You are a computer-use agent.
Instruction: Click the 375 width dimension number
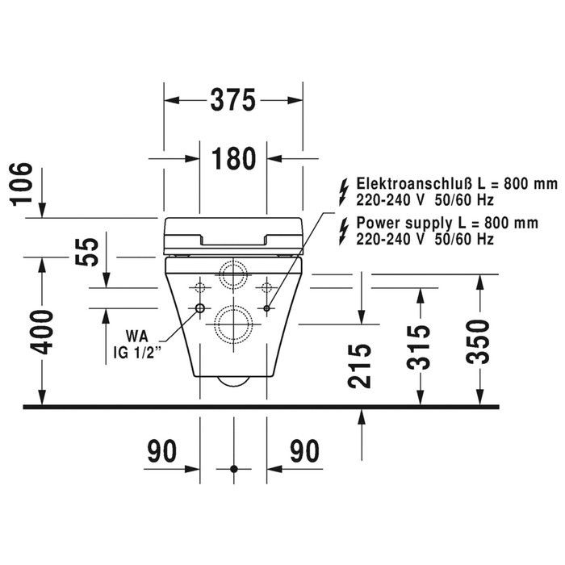(232, 100)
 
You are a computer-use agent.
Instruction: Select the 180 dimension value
(233, 158)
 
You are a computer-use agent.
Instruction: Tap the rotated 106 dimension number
(22, 184)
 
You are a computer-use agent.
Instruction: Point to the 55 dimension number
(86, 252)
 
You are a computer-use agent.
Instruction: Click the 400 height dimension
(42, 332)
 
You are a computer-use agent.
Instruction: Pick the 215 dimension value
(360, 366)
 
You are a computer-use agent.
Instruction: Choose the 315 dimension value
(419, 347)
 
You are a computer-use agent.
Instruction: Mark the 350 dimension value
(478, 341)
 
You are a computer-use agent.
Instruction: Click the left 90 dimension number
(162, 450)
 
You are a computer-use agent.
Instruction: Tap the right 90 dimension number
(305, 450)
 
